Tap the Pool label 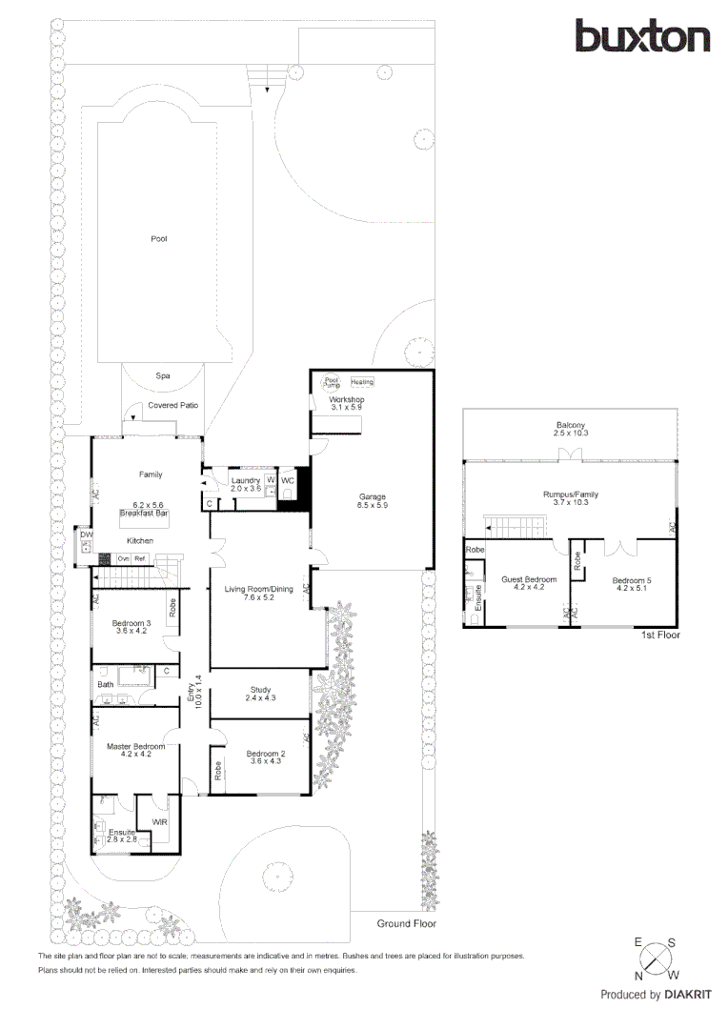[x=159, y=239]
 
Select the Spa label [x=162, y=376]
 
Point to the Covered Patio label [x=172, y=405]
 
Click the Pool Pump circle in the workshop [x=332, y=380]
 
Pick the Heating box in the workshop [x=362, y=382]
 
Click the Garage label [x=372, y=496]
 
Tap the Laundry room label [x=246, y=481]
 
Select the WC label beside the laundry [x=288, y=481]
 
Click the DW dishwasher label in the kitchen [x=87, y=535]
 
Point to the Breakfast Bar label [x=144, y=514]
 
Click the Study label [x=260, y=690]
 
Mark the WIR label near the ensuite [x=159, y=820]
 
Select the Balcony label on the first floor [x=571, y=425]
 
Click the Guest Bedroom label [x=528, y=579]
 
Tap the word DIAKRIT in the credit [x=687, y=995]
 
